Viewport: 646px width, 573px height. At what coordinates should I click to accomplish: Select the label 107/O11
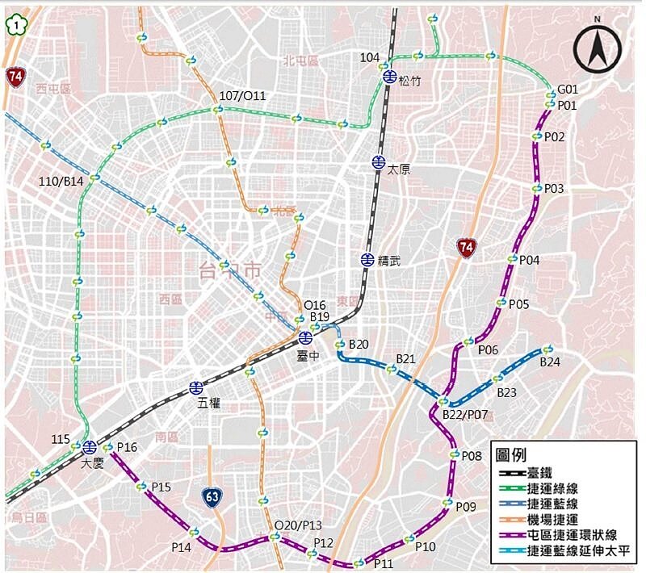coord(241,96)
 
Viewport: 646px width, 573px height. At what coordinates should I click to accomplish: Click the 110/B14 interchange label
coord(62,181)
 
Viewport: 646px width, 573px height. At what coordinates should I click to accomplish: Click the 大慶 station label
coord(94,463)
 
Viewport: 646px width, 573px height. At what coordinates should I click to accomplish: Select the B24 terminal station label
coord(550,362)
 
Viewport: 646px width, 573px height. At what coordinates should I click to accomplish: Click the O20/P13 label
coord(298,525)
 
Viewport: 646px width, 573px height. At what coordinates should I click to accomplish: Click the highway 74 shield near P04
coord(465,248)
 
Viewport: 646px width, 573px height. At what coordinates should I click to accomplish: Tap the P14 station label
coord(182,547)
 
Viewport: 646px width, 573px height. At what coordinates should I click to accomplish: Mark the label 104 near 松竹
coord(370,56)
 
